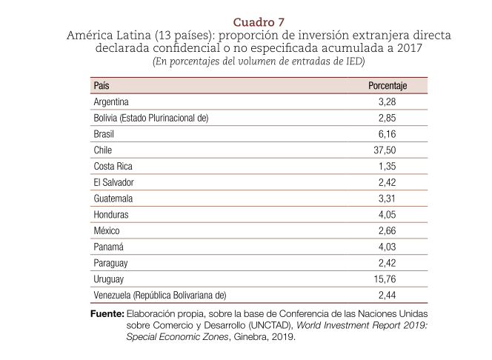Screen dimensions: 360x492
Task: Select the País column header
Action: pyautogui.click(x=102, y=85)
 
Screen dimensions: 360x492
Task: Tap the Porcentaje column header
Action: pyautogui.click(x=388, y=85)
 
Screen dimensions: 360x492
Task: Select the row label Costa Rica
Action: pyautogui.click(x=113, y=166)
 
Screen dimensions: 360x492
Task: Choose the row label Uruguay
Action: pyautogui.click(x=108, y=279)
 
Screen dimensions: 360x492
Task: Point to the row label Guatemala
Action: pyautogui.click(x=113, y=199)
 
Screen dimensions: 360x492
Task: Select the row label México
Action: pyautogui.click(x=107, y=231)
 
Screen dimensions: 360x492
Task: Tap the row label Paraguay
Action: pyautogui.click(x=111, y=263)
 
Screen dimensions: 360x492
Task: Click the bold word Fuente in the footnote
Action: pyautogui.click(x=106, y=313)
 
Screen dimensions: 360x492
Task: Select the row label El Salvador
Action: pyautogui.click(x=114, y=182)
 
